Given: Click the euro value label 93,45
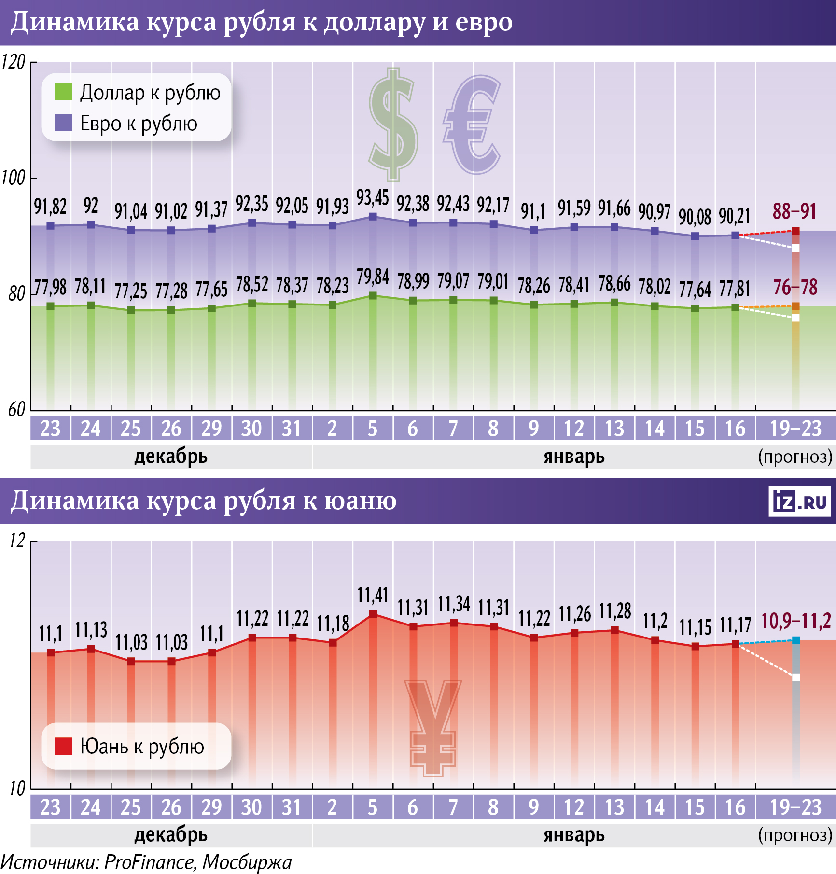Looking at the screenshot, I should (373, 198).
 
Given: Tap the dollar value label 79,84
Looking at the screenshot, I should (373, 277).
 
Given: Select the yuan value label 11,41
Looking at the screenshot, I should (373, 595).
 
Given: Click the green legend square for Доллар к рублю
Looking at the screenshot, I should (64, 92).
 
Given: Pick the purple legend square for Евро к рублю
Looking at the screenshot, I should (64, 123).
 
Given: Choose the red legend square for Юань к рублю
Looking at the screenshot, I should (64, 746).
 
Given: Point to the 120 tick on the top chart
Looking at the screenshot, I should (14, 62).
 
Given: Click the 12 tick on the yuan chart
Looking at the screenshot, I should (17, 541).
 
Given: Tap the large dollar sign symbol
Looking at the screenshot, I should (393, 125).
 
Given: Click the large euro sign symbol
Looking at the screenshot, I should (472, 125).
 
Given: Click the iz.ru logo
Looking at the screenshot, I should (799, 501).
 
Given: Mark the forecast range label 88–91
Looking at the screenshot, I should (794, 211).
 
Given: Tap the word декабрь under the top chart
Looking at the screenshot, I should (171, 457).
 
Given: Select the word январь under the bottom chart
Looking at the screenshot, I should (574, 835).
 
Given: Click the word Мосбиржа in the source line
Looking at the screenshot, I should (247, 862).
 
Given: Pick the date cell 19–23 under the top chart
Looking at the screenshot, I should (795, 429).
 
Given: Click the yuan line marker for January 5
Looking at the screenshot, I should (373, 614).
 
